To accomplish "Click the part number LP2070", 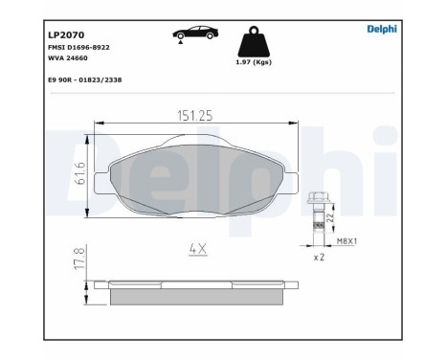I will tap(65, 34).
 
